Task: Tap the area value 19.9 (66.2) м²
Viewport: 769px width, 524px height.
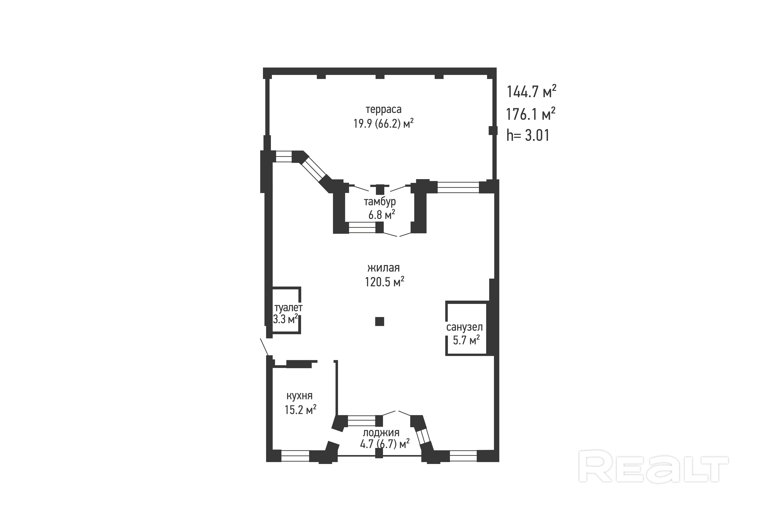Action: coord(384,124)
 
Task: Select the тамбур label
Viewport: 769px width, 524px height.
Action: coord(380,201)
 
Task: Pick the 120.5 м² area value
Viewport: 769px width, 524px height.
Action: coord(384,282)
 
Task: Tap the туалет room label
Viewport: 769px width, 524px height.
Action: coord(288,308)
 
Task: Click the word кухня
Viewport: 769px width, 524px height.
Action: coord(299,396)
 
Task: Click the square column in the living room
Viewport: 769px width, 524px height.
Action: coord(380,321)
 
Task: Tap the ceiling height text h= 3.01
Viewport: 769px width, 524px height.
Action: coord(528,136)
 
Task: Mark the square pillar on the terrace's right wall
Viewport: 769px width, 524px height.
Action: coord(493,130)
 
